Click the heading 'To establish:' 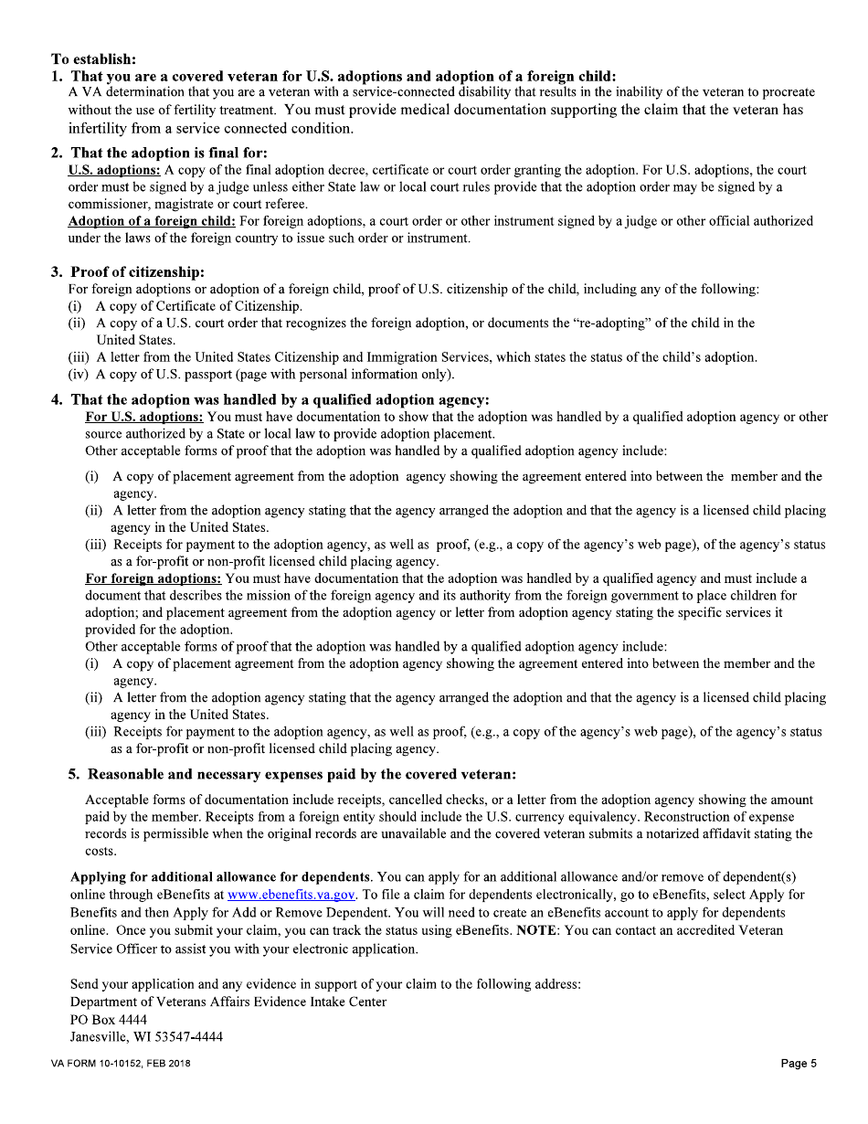tap(94, 59)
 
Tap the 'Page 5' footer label tap(799, 1064)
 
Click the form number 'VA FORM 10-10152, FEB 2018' tap(121, 1064)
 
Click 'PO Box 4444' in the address tap(108, 1020)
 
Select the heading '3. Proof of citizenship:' tap(127, 272)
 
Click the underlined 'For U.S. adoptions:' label tap(144, 418)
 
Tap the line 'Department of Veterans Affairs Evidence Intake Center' tap(228, 1002)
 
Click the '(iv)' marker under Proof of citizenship tap(79, 375)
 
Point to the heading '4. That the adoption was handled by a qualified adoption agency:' tap(270, 399)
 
